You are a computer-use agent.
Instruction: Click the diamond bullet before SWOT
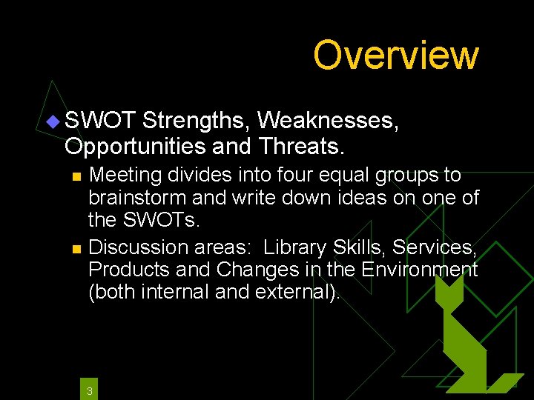click(x=54, y=120)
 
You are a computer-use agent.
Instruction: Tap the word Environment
click(x=419, y=269)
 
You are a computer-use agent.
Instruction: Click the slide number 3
click(x=89, y=390)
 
